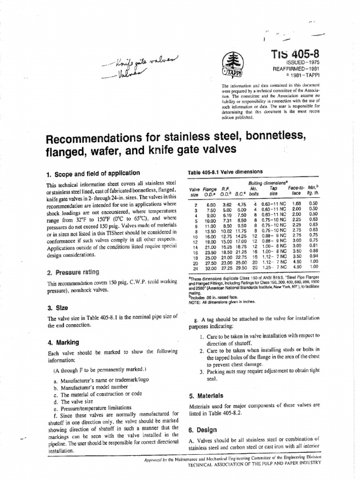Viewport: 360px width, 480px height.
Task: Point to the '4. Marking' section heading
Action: tap(63, 342)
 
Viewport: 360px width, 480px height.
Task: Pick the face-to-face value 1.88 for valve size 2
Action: tap(296, 204)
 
